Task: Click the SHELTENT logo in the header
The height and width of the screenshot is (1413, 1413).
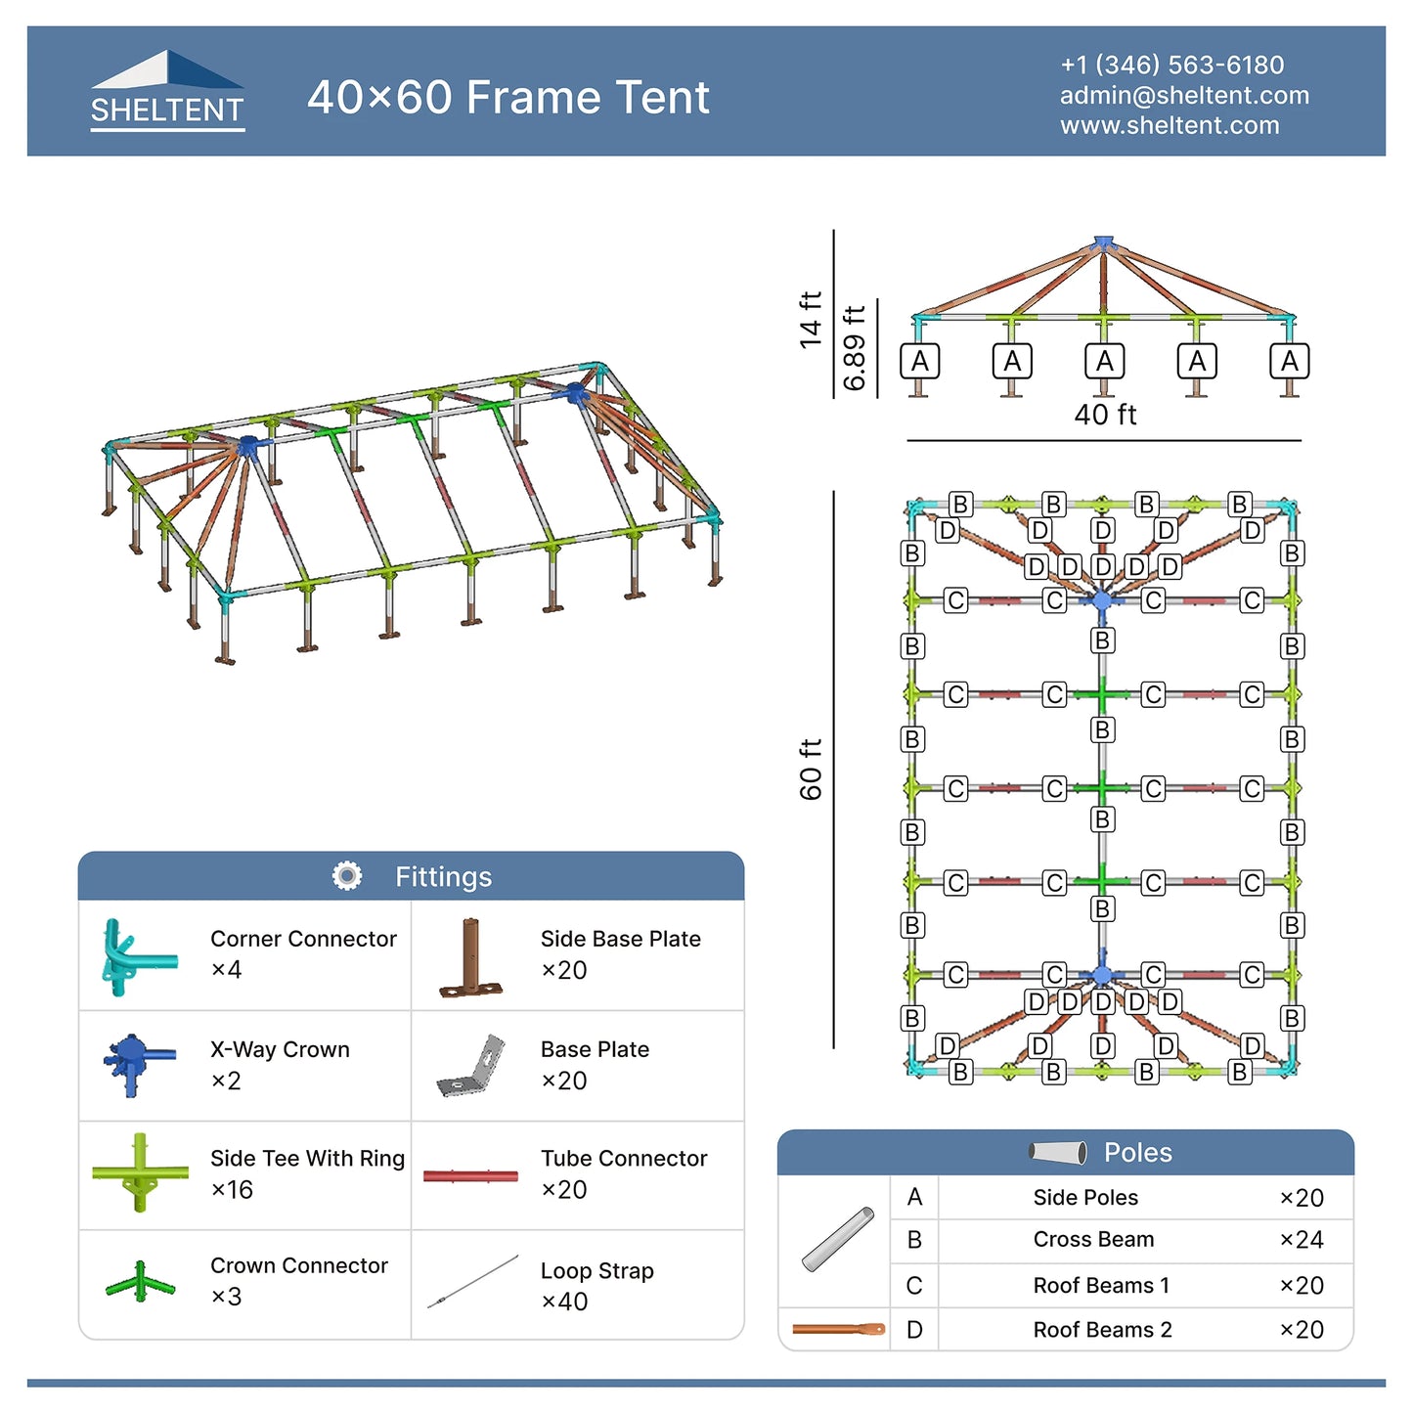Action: pyautogui.click(x=167, y=91)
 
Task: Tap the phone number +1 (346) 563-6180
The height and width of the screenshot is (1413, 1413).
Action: pyautogui.click(x=1171, y=65)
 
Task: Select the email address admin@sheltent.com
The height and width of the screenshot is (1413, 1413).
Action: pyautogui.click(x=1183, y=95)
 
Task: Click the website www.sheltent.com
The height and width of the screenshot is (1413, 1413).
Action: pyautogui.click(x=1169, y=125)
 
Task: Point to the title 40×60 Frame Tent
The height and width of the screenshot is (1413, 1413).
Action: pyautogui.click(x=508, y=97)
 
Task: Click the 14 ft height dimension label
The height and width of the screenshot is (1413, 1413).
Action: pyautogui.click(x=810, y=319)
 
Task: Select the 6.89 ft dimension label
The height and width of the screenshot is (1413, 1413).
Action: pyautogui.click(x=854, y=347)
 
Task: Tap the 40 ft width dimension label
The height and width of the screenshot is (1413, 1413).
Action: pyautogui.click(x=1105, y=415)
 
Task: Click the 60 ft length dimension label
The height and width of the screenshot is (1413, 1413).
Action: pyautogui.click(x=811, y=770)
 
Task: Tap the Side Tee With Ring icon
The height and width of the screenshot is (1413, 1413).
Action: pyautogui.click(x=140, y=1172)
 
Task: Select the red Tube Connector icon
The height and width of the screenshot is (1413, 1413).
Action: pyautogui.click(x=470, y=1175)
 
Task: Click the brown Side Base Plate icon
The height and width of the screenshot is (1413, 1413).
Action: pyautogui.click(x=470, y=957)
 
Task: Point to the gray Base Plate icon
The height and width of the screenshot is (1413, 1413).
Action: pyautogui.click(x=472, y=1066)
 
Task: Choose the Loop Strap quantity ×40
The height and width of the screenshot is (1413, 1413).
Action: pyautogui.click(x=564, y=1302)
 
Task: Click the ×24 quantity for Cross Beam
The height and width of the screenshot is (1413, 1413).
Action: pyautogui.click(x=1301, y=1240)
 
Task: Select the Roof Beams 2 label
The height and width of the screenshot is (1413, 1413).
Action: pyautogui.click(x=1102, y=1330)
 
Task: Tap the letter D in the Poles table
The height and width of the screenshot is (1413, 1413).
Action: pyautogui.click(x=914, y=1330)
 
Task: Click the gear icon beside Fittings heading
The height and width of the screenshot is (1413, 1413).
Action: pyautogui.click(x=347, y=876)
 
